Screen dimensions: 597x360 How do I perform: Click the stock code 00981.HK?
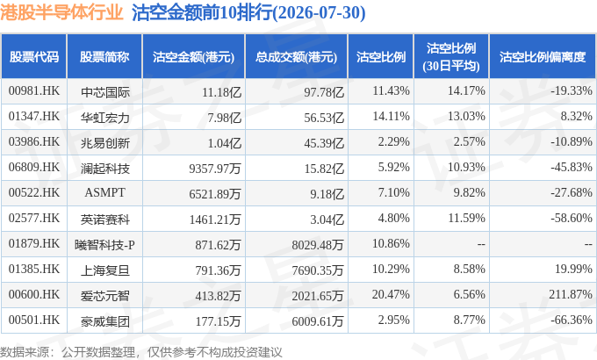[x=34, y=91]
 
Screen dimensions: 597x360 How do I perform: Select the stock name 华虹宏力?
[x=105, y=118]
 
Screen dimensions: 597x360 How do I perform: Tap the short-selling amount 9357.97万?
[x=215, y=169]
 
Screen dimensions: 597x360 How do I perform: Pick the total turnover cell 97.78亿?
[x=324, y=92]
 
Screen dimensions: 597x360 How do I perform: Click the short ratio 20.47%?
[x=391, y=294]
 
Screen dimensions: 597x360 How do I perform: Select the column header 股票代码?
[x=34, y=57]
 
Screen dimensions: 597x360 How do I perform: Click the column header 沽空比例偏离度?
[x=543, y=57]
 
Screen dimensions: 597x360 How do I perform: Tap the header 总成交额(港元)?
[x=296, y=57]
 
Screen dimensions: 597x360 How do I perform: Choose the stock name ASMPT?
[x=104, y=192]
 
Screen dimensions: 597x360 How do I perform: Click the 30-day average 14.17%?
[x=466, y=91]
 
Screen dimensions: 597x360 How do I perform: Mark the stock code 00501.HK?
[x=34, y=320]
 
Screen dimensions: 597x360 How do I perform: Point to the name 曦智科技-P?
[x=104, y=245]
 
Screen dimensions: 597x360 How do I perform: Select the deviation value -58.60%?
[x=572, y=219]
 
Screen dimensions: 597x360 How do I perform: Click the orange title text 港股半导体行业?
[x=61, y=12]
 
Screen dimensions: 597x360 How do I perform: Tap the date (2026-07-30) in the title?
[x=320, y=12]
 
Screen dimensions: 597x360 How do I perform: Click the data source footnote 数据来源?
[x=25, y=352]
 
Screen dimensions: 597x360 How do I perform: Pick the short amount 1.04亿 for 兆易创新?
[x=225, y=143]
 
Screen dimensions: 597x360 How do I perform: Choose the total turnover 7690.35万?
[x=318, y=270]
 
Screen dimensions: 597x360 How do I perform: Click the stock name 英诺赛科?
[x=105, y=220]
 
